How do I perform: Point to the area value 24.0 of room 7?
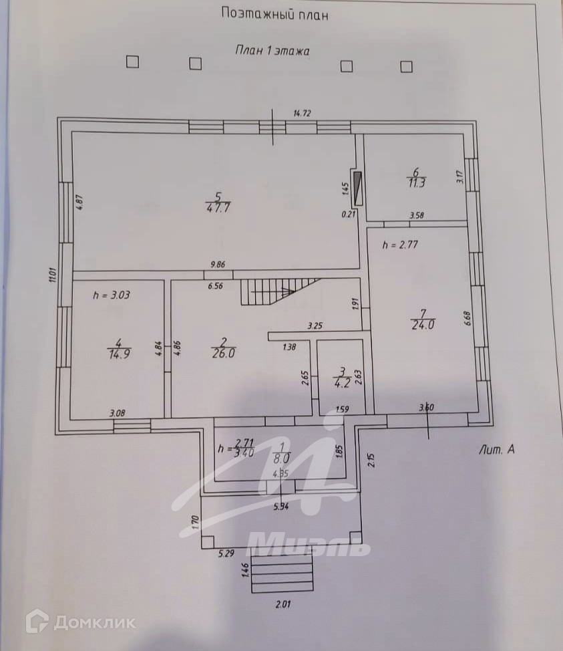tap(423, 326)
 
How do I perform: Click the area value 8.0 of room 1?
tap(282, 459)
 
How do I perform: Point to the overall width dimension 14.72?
tap(302, 114)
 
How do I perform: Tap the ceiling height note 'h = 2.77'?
tap(400, 245)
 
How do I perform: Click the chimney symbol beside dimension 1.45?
tap(358, 188)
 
